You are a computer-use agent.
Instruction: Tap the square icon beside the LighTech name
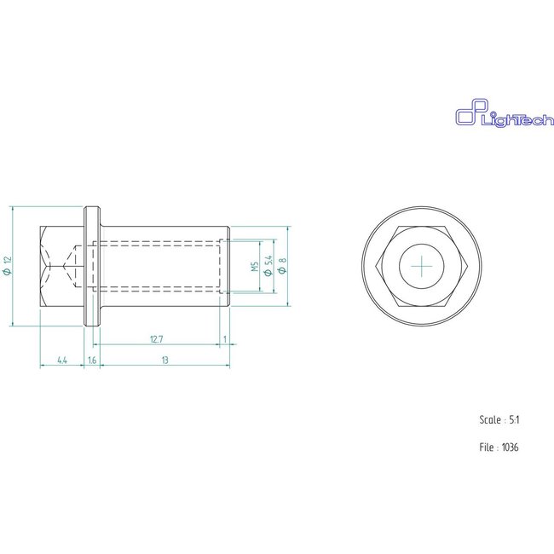tap(467, 115)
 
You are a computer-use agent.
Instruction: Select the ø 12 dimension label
tap(7, 265)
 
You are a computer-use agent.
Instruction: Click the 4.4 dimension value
tap(62, 361)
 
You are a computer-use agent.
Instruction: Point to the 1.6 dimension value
tap(92, 361)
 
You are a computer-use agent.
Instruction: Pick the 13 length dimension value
tap(164, 361)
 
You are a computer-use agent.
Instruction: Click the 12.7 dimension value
tap(156, 339)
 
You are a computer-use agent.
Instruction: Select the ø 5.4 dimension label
tap(268, 266)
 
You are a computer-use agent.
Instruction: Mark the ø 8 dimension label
tap(282, 266)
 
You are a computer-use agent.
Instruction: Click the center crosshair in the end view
tap(422, 266)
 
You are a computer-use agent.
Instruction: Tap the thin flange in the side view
tap(92, 265)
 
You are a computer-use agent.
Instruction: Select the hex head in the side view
tap(62, 265)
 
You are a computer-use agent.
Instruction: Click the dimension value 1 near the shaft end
tap(224, 339)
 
